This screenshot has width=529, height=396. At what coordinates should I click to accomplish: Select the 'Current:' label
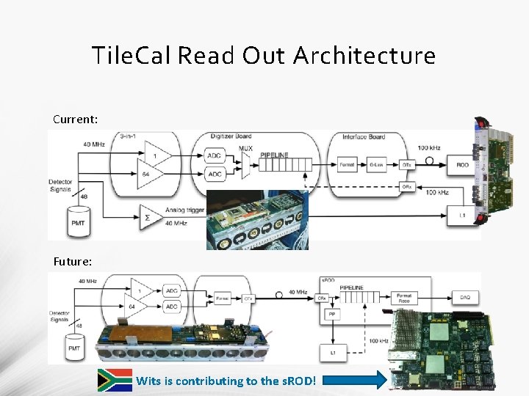pos(74,119)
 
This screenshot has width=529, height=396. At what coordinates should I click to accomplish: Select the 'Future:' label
pos(73,260)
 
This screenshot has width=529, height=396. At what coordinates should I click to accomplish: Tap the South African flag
pos(115,380)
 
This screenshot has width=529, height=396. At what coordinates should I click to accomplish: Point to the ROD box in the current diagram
pos(462,165)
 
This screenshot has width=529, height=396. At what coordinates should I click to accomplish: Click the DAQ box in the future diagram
pos(464,296)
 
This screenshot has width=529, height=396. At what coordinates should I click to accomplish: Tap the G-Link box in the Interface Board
pos(377,165)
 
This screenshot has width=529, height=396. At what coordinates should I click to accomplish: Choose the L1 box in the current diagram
pos(462,215)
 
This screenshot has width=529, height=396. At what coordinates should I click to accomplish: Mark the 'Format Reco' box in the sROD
pos(404,298)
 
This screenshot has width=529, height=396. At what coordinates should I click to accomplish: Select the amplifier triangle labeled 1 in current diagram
pos(156,156)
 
